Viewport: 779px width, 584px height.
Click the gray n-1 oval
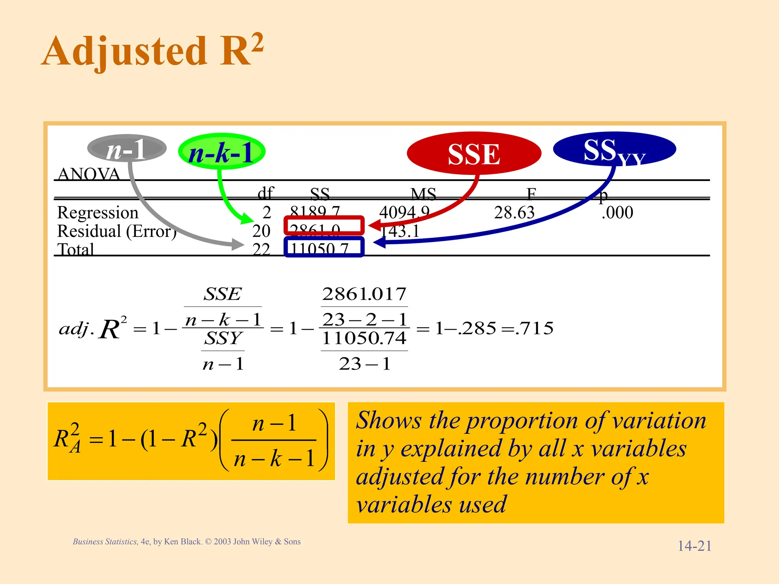[127, 149]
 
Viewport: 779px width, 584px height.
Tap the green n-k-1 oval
[221, 152]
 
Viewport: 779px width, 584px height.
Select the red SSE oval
[474, 154]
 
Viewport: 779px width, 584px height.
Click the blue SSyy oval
[614, 149]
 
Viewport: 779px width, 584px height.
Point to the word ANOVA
[89, 174]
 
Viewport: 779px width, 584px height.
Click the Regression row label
[98, 213]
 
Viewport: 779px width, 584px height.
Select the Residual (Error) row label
[117, 231]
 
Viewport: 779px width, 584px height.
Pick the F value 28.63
[514, 213]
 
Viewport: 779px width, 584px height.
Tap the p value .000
[617, 213]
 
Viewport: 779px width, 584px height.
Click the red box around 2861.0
[324, 225]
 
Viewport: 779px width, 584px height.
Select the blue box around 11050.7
[324, 247]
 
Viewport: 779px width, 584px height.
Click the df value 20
[261, 231]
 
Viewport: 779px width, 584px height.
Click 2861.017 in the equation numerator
[364, 294]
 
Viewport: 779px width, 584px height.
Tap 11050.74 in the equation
[364, 338]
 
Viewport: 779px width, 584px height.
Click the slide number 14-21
[694, 546]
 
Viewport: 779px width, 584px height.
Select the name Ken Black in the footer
[182, 541]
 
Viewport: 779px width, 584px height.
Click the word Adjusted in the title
[125, 51]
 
